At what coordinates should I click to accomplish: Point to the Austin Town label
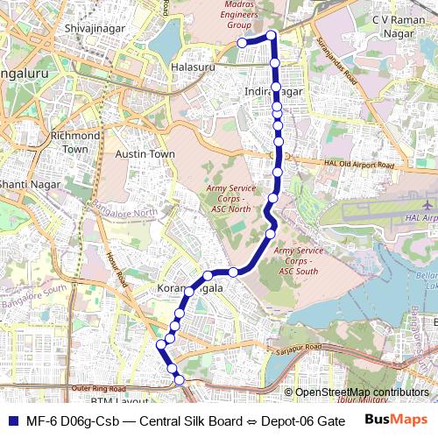pyautogui.click(x=145, y=154)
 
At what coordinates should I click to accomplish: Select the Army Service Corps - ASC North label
pyautogui.click(x=229, y=199)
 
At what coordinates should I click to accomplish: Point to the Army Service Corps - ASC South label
pyautogui.click(x=300, y=260)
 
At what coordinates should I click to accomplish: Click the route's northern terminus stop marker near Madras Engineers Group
pyautogui.click(x=242, y=42)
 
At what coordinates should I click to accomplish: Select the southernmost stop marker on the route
pyautogui.click(x=180, y=379)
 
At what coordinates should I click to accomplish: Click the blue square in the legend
pyautogui.click(x=11, y=420)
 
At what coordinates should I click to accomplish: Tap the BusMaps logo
pyautogui.click(x=395, y=420)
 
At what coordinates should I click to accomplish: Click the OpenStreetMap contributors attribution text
pyautogui.click(x=361, y=392)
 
